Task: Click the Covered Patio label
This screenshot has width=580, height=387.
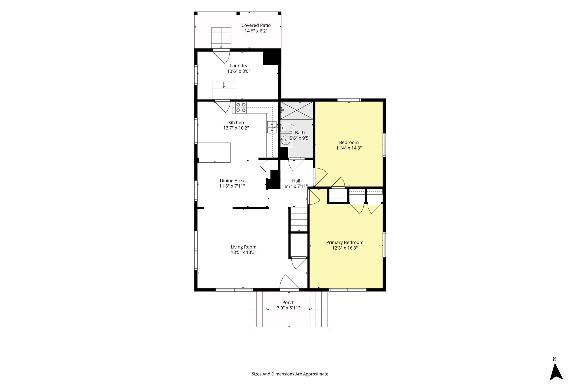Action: pos(256,25)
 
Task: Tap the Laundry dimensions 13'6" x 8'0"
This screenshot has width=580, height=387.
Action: pos(239,71)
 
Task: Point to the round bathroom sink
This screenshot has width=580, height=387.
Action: pos(286,140)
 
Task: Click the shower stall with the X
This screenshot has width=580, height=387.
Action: pos(297,110)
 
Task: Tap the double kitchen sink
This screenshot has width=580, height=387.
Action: pos(272,127)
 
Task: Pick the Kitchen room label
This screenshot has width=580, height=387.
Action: pos(236,123)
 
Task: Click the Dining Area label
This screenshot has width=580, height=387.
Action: pos(232,181)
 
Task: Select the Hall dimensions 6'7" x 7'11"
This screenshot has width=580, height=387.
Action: pos(296,186)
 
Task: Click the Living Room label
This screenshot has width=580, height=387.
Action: pos(244,247)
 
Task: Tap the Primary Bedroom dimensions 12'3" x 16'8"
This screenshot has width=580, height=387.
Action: pos(345,248)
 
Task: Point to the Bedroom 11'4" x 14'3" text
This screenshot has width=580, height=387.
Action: pos(349,145)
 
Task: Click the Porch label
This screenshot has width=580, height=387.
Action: pos(288,303)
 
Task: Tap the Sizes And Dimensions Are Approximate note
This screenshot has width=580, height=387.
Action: pos(290,374)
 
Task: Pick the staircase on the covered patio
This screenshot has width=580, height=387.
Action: pos(221,38)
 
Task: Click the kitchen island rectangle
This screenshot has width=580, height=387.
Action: pos(214,152)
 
